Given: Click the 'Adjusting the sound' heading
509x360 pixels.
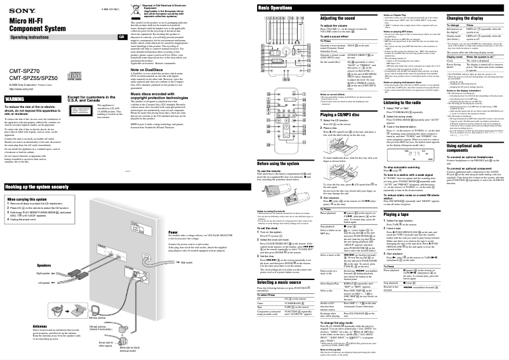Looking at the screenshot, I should pyautogui.click(x=338, y=20).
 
